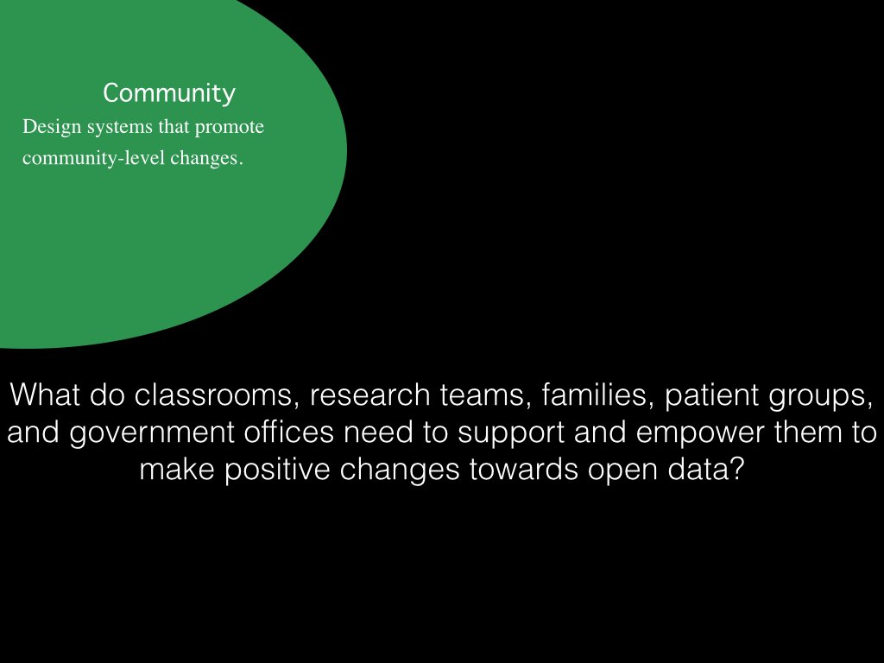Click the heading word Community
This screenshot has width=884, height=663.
[x=169, y=93]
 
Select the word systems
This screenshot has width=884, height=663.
[x=119, y=128]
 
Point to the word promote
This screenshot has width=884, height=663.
[x=230, y=128]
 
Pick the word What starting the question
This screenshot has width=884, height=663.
[x=45, y=395]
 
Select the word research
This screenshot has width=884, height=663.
[x=370, y=395]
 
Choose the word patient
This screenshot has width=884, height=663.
[x=711, y=395]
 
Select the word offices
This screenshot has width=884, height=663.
[x=288, y=432]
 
